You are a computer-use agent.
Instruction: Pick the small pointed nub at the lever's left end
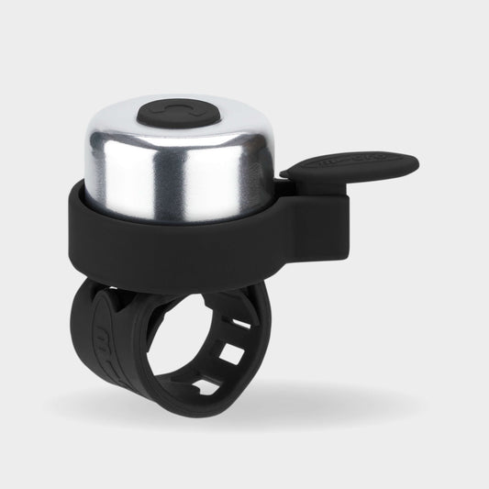[x=286, y=172]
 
